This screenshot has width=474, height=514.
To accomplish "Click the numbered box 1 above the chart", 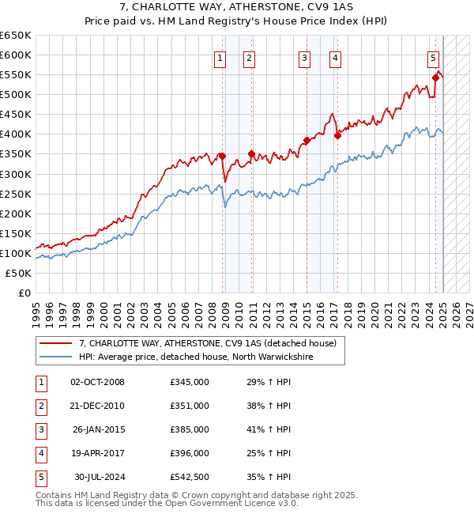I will coord(219,57).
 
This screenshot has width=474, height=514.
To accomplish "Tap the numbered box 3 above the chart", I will coord(305,57).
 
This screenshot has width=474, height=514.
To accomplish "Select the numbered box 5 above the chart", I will coord(434,57).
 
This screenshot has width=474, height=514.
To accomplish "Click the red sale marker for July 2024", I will coord(435,77).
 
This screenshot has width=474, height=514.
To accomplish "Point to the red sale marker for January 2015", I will coord(307,140).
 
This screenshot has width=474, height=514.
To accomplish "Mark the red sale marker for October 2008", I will coord(222,156).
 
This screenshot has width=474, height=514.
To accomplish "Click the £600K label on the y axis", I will coord(16,55).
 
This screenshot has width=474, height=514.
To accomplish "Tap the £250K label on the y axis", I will coord(16,194).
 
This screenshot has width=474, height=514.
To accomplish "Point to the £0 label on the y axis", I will coord(23,293).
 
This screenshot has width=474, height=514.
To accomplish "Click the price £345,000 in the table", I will coord(190,382).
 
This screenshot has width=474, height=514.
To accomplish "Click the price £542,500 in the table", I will coord(190,477).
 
